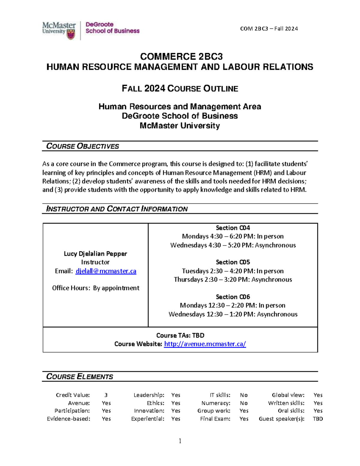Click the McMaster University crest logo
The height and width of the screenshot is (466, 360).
coord(71,34)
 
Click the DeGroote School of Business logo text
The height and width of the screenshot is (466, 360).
coord(112,28)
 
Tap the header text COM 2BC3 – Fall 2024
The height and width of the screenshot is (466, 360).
coord(269,29)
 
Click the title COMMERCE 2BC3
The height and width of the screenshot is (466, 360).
coord(181,57)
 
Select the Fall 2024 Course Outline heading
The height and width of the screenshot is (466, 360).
coord(180,89)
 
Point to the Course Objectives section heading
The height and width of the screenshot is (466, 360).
coord(82,146)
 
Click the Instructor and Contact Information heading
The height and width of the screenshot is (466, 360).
coord(117,209)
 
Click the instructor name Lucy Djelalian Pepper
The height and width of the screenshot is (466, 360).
coord(95,254)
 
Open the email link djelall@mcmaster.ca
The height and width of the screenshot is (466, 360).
coord(106,271)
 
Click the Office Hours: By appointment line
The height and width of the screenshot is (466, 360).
coord(95,288)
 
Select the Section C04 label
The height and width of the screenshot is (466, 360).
coord(233,228)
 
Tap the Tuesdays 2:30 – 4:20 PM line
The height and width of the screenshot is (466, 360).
coord(233,271)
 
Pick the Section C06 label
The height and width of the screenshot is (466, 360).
coord(233,297)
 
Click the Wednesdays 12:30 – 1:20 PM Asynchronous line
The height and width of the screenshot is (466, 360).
coord(233,314)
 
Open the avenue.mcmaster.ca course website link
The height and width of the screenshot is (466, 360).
coord(205,344)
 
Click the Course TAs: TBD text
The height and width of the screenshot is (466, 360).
coord(180,335)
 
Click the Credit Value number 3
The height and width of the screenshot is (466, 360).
coord(106,395)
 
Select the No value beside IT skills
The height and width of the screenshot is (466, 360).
coord(244,395)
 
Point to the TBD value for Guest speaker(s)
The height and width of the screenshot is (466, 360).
coord(318,419)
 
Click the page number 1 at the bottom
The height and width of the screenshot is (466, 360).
coord(180,441)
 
